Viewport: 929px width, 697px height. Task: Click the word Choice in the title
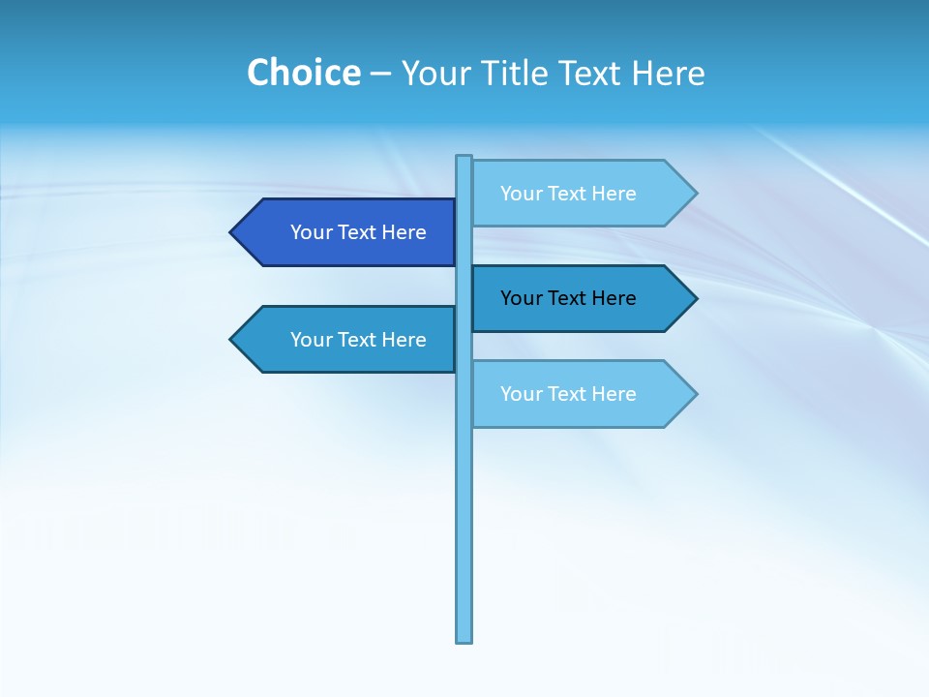(x=303, y=73)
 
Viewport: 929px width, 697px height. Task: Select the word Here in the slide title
(x=668, y=73)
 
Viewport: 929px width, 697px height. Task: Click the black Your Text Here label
(x=568, y=298)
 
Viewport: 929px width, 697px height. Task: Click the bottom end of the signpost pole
(x=464, y=639)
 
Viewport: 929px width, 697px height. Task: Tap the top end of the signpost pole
(x=464, y=158)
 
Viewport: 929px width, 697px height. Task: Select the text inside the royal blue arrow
(x=358, y=232)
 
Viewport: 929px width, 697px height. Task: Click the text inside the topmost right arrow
(x=568, y=193)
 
